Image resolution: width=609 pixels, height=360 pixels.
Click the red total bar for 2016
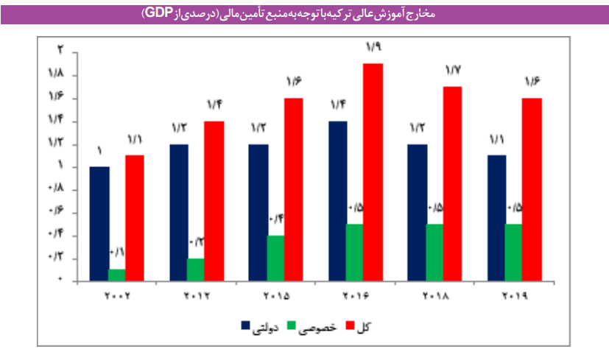373,172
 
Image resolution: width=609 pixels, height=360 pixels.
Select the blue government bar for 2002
99,223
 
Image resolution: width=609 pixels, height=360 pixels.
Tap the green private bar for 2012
195,269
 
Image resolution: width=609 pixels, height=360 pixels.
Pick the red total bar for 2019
532,189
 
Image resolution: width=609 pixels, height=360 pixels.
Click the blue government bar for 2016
338,200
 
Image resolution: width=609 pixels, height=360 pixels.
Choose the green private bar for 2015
275,258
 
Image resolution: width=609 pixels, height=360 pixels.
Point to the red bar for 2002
135,217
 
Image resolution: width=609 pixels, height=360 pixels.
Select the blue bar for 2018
418,212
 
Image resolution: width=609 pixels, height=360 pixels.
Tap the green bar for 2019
514,252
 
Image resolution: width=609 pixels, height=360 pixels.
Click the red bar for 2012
214,200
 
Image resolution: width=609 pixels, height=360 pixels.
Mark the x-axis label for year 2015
275,296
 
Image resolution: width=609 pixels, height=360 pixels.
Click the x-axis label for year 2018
434,296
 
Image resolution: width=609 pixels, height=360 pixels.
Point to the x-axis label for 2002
116,296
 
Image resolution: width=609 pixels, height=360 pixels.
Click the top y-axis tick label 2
62,51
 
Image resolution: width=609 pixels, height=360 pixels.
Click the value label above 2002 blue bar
99,152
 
